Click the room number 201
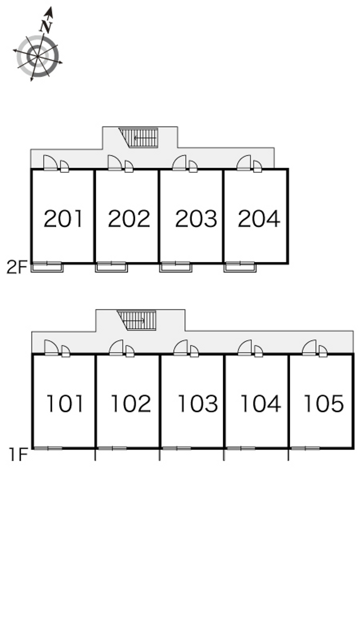click(x=63, y=218)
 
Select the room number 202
click(x=129, y=218)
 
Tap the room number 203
click(x=196, y=218)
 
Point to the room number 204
click(x=259, y=218)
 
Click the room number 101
click(x=65, y=403)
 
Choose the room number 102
click(x=131, y=403)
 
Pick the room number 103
click(x=198, y=403)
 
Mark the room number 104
click(x=261, y=403)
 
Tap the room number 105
click(x=324, y=403)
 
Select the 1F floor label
click(x=18, y=455)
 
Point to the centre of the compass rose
click(x=37, y=56)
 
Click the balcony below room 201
click(x=47, y=267)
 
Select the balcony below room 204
click(x=240, y=267)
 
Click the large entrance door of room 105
click(x=309, y=347)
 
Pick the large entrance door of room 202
click(x=115, y=163)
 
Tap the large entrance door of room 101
click(x=51, y=347)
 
